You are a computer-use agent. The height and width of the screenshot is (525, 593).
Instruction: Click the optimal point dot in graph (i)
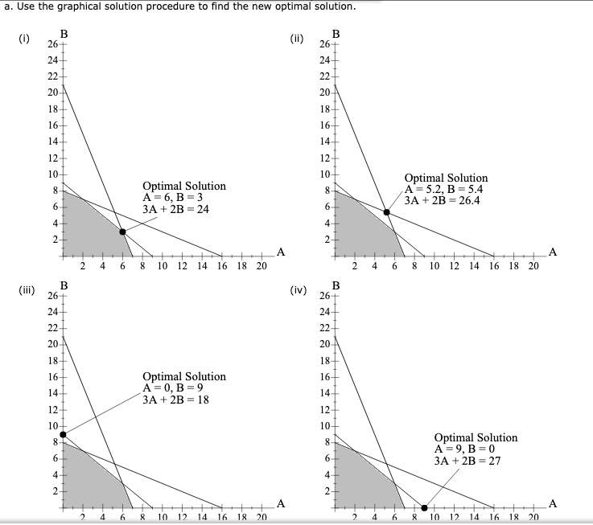click(122, 232)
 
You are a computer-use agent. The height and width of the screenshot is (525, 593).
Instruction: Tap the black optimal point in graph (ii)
click(386, 211)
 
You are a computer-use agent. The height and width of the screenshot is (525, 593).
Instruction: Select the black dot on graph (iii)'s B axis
click(64, 434)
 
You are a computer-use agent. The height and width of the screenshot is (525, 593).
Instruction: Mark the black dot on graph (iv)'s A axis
click(424, 508)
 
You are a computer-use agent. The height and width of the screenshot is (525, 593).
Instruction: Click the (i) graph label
click(26, 38)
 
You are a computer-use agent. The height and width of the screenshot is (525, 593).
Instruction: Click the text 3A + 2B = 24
click(175, 209)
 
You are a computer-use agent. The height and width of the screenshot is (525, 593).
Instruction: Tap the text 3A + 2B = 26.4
click(443, 201)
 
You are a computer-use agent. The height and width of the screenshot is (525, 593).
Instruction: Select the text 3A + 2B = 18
click(175, 400)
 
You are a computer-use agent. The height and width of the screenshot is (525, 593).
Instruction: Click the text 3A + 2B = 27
click(467, 461)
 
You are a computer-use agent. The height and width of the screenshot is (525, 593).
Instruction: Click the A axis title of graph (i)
click(280, 252)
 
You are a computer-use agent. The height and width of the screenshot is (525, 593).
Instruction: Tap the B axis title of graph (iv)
click(336, 285)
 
